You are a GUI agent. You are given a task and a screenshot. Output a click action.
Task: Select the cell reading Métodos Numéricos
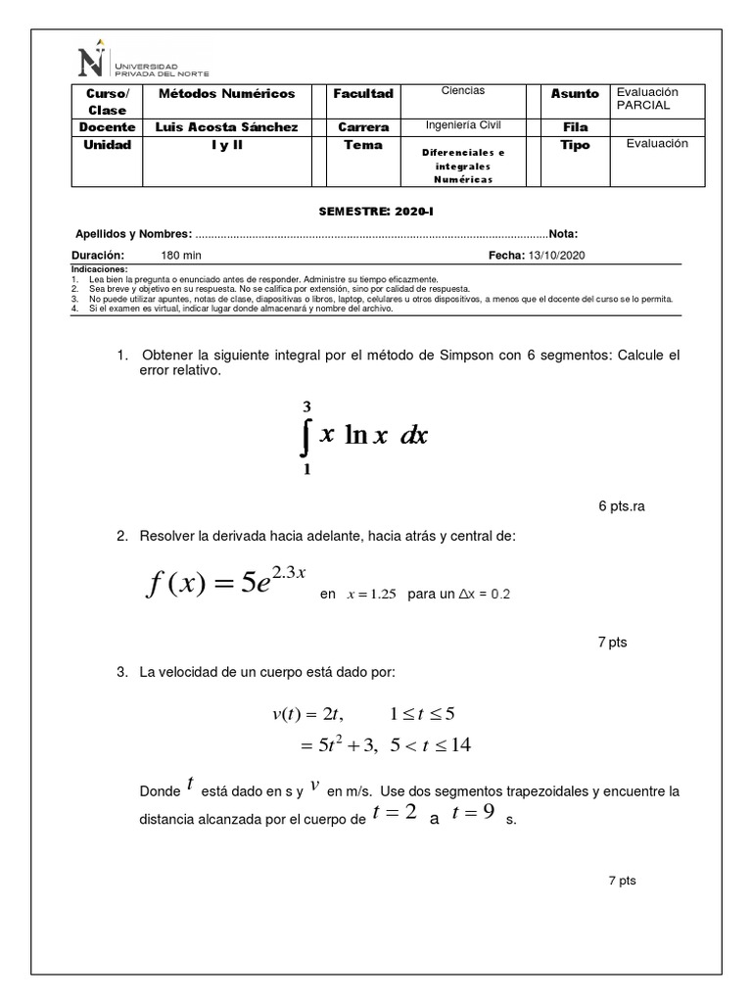[x=226, y=93]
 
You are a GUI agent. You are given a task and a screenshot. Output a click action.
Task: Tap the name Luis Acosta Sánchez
[x=226, y=127]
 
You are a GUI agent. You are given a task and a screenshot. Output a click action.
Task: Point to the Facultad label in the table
[x=363, y=93]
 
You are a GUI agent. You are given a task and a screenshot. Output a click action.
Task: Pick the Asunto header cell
[x=575, y=93]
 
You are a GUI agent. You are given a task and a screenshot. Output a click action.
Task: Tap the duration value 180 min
[x=181, y=255]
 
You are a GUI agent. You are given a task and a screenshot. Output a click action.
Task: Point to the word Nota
[x=562, y=234]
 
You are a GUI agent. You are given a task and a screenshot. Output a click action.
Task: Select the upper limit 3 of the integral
[x=306, y=406]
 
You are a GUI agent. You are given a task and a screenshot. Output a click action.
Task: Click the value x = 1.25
[x=370, y=595]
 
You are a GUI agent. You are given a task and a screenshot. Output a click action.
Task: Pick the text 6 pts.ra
[x=622, y=506]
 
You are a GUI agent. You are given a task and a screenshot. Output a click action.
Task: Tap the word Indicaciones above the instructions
[x=100, y=268]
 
